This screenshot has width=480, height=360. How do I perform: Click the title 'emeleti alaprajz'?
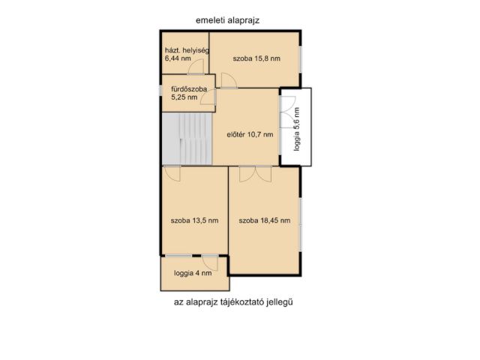pos(227,20)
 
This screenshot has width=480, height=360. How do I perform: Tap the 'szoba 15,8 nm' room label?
pos(256,58)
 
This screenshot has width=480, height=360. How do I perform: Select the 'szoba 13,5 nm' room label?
pos(195,220)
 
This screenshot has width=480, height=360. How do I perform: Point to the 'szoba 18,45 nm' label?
pos(265,220)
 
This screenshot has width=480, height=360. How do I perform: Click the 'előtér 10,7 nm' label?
pos(250,134)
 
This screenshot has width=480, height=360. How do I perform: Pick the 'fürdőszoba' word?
pos(189,89)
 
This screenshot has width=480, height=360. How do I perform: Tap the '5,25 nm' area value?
pos(184,97)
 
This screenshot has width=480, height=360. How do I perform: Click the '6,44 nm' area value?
pos(178,58)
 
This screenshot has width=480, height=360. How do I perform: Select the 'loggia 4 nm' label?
pos(193,273)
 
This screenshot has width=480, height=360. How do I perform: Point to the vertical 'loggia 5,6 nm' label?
pos(296,129)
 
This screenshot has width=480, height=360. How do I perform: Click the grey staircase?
pos(187,139)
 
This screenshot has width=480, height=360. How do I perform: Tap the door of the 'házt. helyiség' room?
pos(196,67)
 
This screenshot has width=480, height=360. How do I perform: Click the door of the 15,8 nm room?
pos(229,80)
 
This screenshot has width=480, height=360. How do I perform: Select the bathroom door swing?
pos(208,97)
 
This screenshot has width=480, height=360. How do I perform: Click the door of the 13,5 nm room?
pos(172,173)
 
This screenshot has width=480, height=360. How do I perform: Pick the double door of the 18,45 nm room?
pos(256,174)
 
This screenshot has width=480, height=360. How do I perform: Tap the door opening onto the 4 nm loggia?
pos(210,262)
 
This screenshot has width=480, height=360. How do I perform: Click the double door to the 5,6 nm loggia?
pos(288,112)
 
